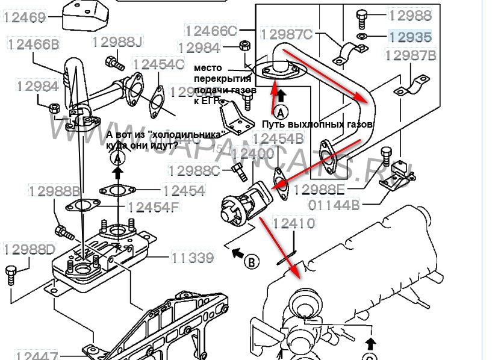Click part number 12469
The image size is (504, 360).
click(x=25, y=18)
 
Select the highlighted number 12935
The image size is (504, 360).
click(x=410, y=37)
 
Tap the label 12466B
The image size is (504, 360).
click(x=33, y=43)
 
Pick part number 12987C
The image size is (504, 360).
click(x=286, y=34)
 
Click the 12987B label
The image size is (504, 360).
click(x=411, y=56)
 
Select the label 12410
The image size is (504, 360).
click(x=294, y=223)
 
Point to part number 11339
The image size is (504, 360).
click(x=193, y=258)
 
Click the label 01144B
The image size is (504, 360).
click(x=335, y=205)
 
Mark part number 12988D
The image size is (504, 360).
click(x=30, y=249)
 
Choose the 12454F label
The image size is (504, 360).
click(x=154, y=208)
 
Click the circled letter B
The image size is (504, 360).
click(x=252, y=261)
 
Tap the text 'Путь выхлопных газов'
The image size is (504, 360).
click(x=317, y=124)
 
